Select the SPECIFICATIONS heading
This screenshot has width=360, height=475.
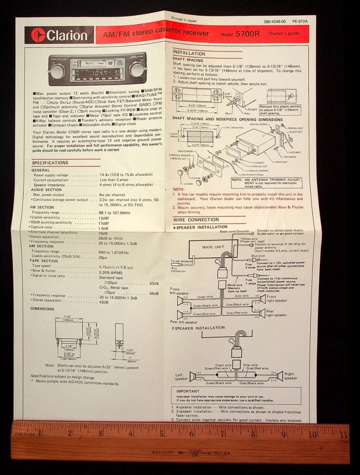coord(50,163)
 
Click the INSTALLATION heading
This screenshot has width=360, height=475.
coord(188,53)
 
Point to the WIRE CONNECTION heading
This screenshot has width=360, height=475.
coord(196,220)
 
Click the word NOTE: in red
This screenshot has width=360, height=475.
coord(179,190)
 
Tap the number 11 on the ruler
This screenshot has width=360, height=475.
coord(344,435)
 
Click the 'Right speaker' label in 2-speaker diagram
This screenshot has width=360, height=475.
coord(290,376)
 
